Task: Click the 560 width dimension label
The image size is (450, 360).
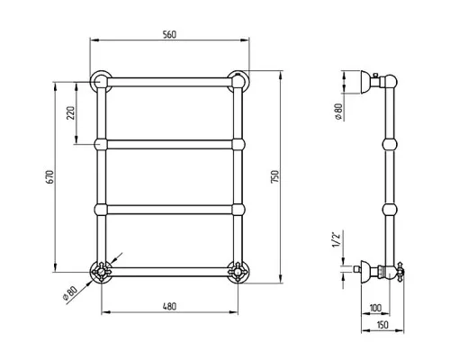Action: coord(169,35)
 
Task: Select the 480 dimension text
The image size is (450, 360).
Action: coord(169,307)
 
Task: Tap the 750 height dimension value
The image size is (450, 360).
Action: coord(274,176)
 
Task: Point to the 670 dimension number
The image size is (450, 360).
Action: coord(49,177)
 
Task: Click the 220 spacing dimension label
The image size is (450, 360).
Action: coord(71,112)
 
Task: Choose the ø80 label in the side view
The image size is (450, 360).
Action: coord(338,112)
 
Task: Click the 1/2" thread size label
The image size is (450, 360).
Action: coord(337,239)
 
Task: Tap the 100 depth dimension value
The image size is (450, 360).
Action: coord(375,308)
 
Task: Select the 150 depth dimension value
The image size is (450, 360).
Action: coord(382,325)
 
